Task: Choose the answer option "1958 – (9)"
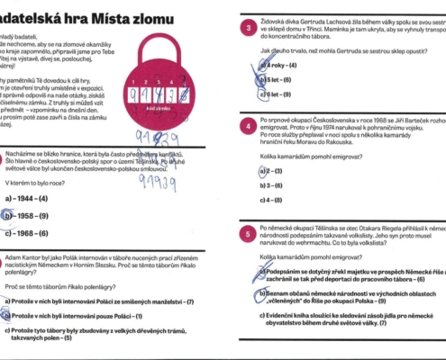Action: pos(32,215)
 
